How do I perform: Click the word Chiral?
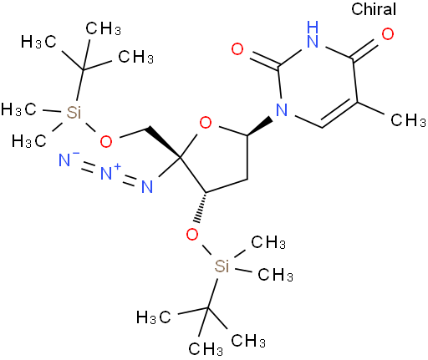(x=374, y=9)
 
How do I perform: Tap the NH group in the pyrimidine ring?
(x=313, y=34)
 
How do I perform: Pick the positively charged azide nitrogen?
(x=109, y=172)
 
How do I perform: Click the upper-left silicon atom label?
(x=74, y=112)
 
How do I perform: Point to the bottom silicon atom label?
(x=222, y=266)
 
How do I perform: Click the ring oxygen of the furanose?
(x=206, y=123)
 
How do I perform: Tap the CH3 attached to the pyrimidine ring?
(x=408, y=120)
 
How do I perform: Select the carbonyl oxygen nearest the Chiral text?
(x=388, y=34)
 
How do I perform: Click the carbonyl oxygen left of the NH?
(x=237, y=49)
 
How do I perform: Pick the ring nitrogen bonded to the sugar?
(x=282, y=109)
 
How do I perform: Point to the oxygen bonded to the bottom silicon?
(x=192, y=235)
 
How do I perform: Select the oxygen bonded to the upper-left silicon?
(x=106, y=141)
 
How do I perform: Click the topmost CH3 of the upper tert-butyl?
(x=103, y=28)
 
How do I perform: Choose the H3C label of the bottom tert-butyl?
(x=153, y=317)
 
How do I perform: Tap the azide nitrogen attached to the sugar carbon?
(x=147, y=186)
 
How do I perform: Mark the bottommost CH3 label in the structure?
(x=206, y=349)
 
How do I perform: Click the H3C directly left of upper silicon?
(x=18, y=109)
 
